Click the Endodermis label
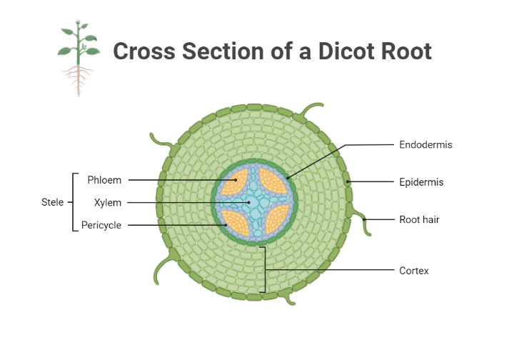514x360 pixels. click(x=425, y=145)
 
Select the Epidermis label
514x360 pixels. click(x=421, y=182)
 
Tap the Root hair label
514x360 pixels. click(x=419, y=219)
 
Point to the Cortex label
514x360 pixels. click(x=414, y=271)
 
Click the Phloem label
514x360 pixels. click(x=104, y=180)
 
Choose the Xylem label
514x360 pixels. click(x=107, y=203)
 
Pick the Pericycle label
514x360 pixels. click(x=101, y=225)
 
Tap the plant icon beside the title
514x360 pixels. click(x=78, y=59)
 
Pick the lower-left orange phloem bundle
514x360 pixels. click(x=235, y=221)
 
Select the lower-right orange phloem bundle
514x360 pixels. click(x=274, y=221)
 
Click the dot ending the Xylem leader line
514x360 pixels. click(x=248, y=203)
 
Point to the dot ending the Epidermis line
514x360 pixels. click(x=348, y=182)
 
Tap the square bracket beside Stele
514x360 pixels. click(x=73, y=202)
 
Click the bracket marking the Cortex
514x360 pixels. click(x=265, y=269)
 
